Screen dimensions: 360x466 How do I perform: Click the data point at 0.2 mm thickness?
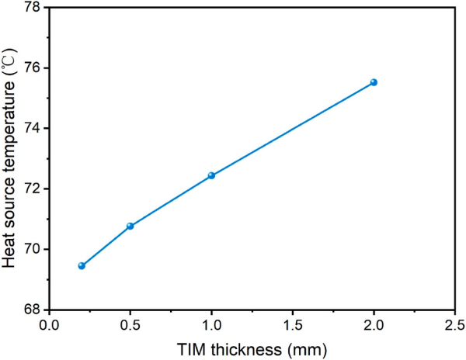[82, 265]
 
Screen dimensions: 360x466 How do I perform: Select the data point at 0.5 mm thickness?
[130, 226]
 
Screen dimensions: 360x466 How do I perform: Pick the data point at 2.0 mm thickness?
[374, 82]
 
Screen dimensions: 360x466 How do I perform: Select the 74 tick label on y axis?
[33, 128]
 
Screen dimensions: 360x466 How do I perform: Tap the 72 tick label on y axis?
[33, 189]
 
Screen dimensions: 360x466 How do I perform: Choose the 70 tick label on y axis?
[33, 249]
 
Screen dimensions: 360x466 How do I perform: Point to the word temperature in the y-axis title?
[10, 123]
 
